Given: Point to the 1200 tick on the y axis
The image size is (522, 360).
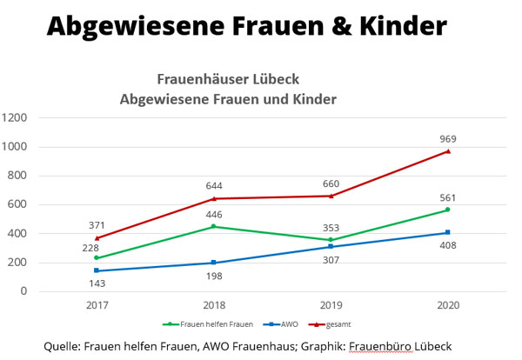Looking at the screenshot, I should [17, 117].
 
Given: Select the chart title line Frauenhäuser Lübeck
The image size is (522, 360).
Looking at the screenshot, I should [228, 78].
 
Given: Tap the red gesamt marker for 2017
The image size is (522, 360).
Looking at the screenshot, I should [97, 238].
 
